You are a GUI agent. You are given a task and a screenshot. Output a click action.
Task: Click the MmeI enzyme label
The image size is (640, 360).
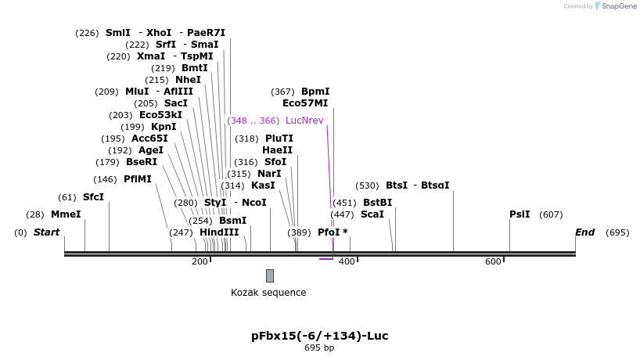pos(66,214)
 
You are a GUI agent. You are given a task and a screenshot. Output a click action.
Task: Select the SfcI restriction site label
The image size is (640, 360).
pos(93,197)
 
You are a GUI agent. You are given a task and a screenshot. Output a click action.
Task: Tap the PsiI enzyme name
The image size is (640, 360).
pos(520,214)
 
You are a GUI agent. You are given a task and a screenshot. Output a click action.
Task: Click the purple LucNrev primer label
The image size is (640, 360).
pos(304,121)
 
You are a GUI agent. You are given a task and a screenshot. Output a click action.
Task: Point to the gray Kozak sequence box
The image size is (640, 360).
pos(270,275)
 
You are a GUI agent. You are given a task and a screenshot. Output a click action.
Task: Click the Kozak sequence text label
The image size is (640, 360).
pos(268,293)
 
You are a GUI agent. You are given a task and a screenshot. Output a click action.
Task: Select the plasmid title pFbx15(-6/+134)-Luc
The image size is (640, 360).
pos(319,336)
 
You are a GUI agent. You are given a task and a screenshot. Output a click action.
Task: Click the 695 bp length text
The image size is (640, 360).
pos(319,347)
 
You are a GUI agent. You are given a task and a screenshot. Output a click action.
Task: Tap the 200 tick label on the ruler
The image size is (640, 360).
pos(200,261)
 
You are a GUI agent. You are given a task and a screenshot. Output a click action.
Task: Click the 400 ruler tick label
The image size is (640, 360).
pos(347,261)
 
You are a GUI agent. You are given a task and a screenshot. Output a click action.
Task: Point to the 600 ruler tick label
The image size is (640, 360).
pos(493,261)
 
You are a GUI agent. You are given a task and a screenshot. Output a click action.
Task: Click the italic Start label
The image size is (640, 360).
pos(46,232)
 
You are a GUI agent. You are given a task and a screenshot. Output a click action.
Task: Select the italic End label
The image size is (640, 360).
pos(584,232)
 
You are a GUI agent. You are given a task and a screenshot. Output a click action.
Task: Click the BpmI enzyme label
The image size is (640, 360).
pos(315,92)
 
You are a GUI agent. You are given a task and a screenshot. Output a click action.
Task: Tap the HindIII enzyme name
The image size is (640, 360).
pos(219,232)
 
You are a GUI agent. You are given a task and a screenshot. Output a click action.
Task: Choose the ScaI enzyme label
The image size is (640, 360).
pos(372,214)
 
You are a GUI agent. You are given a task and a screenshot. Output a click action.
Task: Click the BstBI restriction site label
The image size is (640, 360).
pos(377,203)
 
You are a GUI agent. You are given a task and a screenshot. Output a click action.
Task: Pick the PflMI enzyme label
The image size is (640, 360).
pos(138,179)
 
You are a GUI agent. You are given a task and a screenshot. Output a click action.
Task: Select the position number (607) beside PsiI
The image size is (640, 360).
pos(551,214)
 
